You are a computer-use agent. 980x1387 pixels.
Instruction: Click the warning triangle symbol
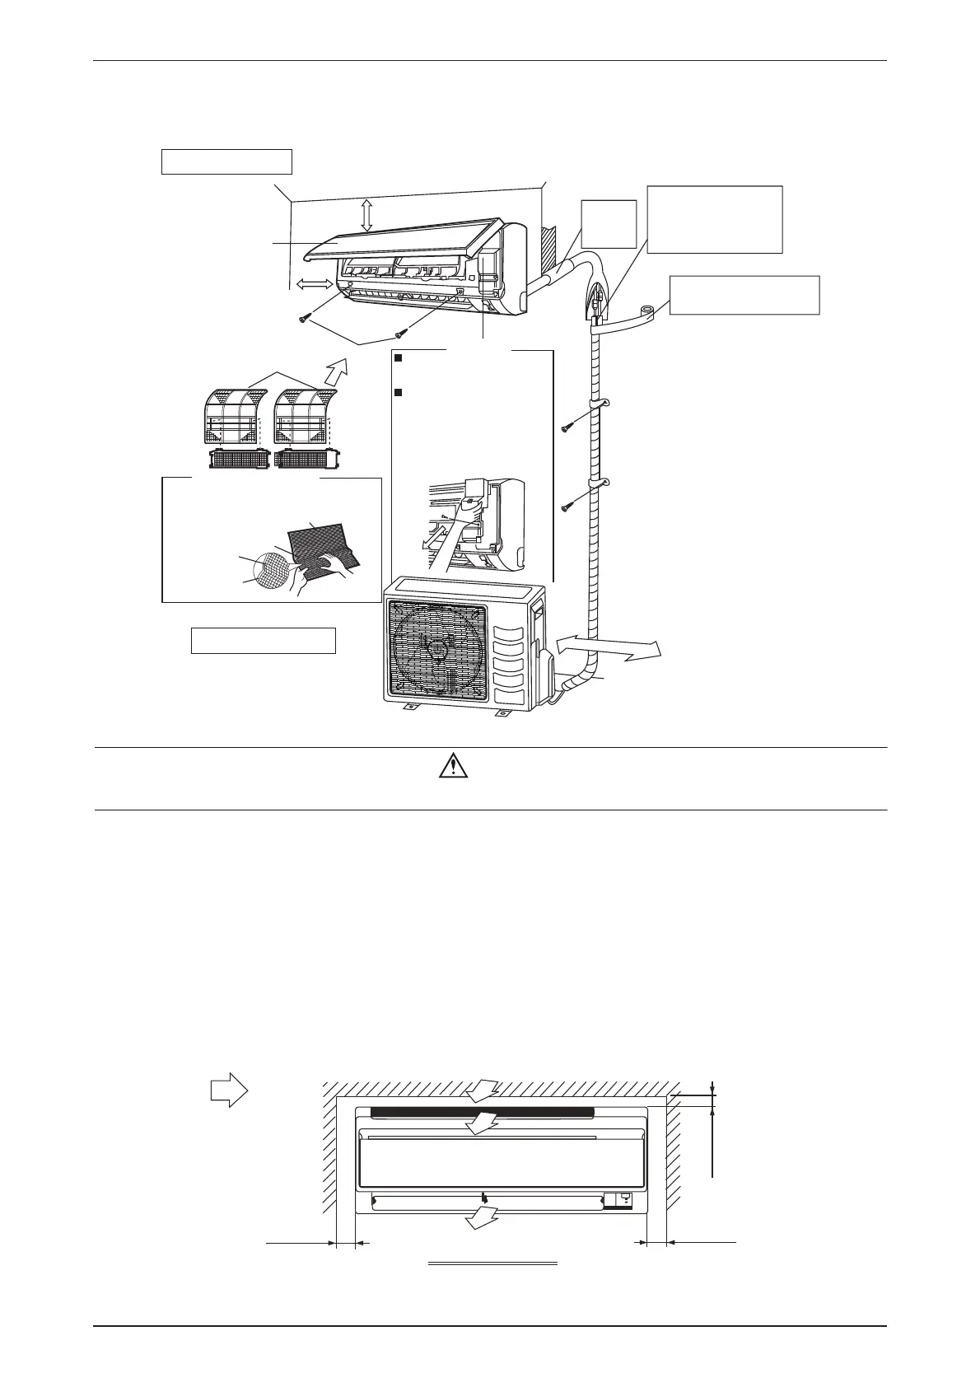coord(450,768)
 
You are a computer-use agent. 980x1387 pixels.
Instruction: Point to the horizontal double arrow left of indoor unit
coord(313,284)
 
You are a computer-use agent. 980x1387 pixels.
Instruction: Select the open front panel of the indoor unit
coord(412,240)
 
